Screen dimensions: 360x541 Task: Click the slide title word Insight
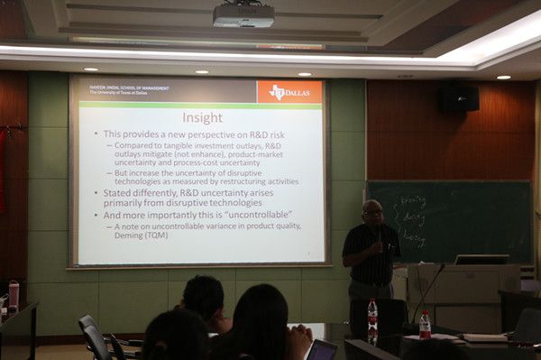pos(203,116)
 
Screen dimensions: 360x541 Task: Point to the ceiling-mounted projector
pos(243,14)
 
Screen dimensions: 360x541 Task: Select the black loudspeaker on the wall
pos(459,97)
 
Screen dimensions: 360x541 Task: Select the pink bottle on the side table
pos(14,294)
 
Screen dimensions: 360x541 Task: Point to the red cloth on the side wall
pos(3,171)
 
